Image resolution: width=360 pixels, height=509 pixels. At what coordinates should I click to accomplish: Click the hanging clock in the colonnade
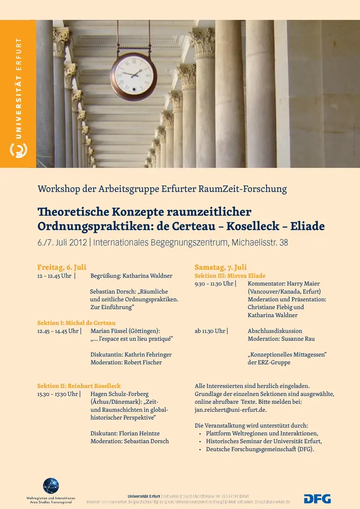click(133, 76)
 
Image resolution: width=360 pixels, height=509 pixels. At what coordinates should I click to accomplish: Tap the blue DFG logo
click(317, 499)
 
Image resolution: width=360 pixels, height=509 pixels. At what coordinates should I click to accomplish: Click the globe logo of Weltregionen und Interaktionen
click(51, 486)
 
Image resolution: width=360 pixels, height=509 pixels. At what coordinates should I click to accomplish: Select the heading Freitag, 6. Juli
click(62, 267)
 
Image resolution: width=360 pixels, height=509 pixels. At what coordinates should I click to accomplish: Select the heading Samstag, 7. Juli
click(220, 267)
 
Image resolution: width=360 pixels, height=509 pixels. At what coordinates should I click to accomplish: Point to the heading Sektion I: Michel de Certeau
click(76, 323)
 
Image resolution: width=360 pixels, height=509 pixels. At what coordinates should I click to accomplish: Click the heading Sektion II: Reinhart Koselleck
click(79, 386)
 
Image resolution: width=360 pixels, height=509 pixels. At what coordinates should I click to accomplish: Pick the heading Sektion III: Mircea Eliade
click(230, 276)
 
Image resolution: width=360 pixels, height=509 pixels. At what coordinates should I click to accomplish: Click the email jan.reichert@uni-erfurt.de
click(231, 410)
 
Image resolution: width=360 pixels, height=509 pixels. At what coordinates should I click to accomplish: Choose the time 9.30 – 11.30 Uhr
click(214, 283)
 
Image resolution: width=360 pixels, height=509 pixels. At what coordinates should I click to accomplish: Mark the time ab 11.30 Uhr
click(210, 331)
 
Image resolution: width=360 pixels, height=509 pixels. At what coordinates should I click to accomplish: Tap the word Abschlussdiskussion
click(275, 331)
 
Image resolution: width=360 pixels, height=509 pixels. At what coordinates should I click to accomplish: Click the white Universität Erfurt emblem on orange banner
click(18, 150)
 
